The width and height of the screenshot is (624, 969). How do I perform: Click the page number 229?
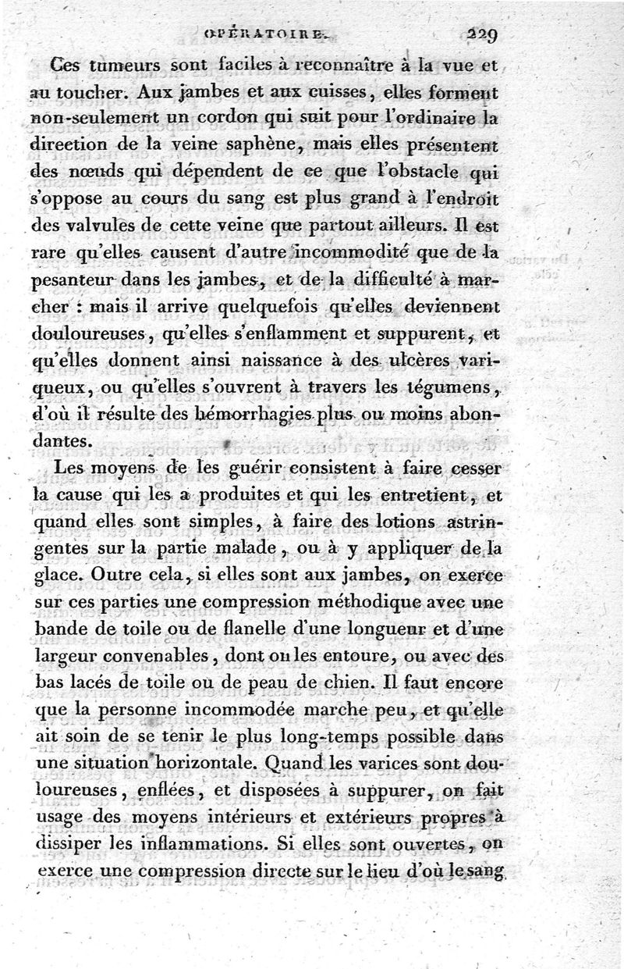pyautogui.click(x=484, y=34)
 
